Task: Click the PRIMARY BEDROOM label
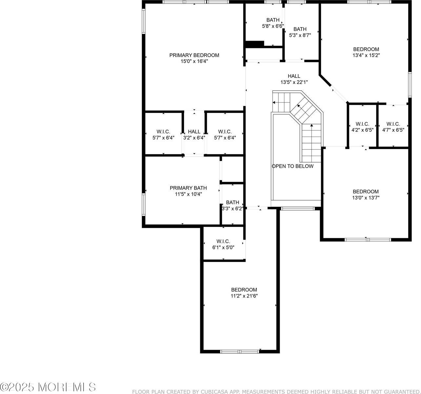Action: pyautogui.click(x=194, y=55)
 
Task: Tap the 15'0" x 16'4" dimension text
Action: pyautogui.click(x=194, y=61)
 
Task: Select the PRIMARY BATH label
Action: pyautogui.click(x=188, y=188)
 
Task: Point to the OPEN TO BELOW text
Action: pyautogui.click(x=292, y=166)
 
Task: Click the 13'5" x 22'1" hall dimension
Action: pyautogui.click(x=294, y=82)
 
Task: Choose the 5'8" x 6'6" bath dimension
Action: pyautogui.click(x=273, y=26)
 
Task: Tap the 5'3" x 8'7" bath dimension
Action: pyautogui.click(x=300, y=35)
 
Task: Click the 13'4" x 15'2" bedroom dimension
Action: pyautogui.click(x=366, y=55)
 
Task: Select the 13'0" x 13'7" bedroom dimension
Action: pyautogui.click(x=366, y=198)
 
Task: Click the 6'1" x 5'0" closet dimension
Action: pyautogui.click(x=223, y=248)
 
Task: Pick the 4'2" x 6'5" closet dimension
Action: pyautogui.click(x=362, y=130)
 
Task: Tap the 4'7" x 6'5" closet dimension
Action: pyautogui.click(x=393, y=130)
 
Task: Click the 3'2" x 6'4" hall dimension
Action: pyautogui.click(x=194, y=138)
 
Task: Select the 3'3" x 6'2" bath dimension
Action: pyautogui.click(x=232, y=208)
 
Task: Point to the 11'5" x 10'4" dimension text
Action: pyautogui.click(x=188, y=194)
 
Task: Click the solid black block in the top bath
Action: pyautogui.click(x=254, y=44)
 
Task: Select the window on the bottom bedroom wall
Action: pyautogui.click(x=240, y=351)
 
